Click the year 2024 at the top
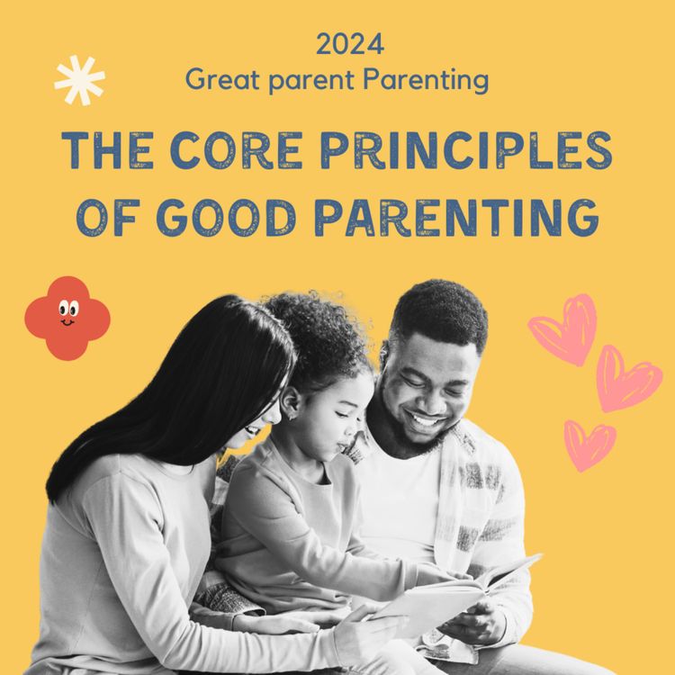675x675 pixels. [350, 42]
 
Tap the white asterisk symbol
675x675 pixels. [79, 79]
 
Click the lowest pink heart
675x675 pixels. [590, 445]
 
